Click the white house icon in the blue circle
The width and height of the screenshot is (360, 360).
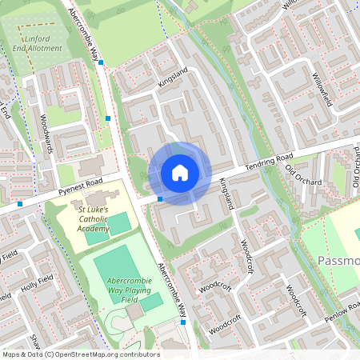[180, 173]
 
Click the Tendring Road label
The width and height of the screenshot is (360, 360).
[269, 160]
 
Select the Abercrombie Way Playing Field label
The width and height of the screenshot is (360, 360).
[126, 286]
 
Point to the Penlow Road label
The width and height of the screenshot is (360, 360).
[342, 314]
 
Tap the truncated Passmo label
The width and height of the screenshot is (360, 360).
[339, 261]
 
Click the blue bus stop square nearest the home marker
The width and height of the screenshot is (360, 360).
[160, 198]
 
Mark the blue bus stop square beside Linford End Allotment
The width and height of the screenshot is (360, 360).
[101, 62]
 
